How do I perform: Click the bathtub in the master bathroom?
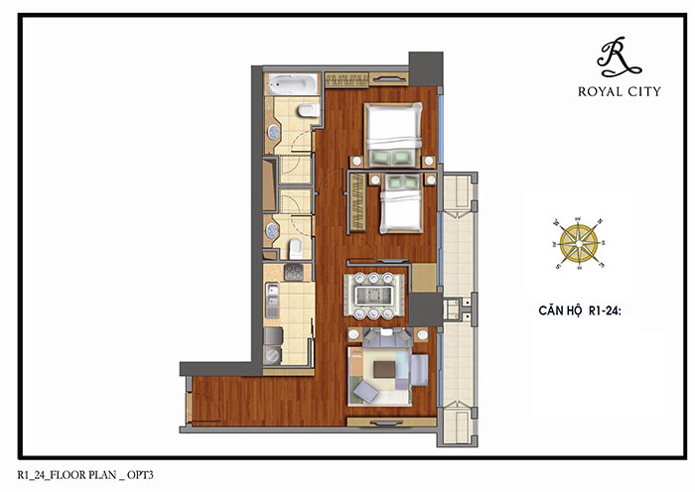[x=293, y=84]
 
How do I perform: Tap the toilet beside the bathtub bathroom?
[x=309, y=110]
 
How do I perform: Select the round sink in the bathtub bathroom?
[x=273, y=132]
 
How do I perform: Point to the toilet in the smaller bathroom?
[x=296, y=249]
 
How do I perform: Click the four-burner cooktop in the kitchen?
[x=294, y=273]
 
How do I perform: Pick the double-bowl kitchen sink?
[x=272, y=301]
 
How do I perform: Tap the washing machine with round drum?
[x=272, y=355]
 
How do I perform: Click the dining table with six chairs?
[x=374, y=296]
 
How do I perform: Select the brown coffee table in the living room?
[x=384, y=369]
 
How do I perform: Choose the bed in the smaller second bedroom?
[x=401, y=203]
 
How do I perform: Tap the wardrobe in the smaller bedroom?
[x=358, y=202]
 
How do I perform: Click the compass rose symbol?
[x=579, y=244]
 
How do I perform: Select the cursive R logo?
[x=619, y=57]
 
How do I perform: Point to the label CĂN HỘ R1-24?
[x=580, y=310]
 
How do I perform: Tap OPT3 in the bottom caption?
[x=140, y=475]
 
